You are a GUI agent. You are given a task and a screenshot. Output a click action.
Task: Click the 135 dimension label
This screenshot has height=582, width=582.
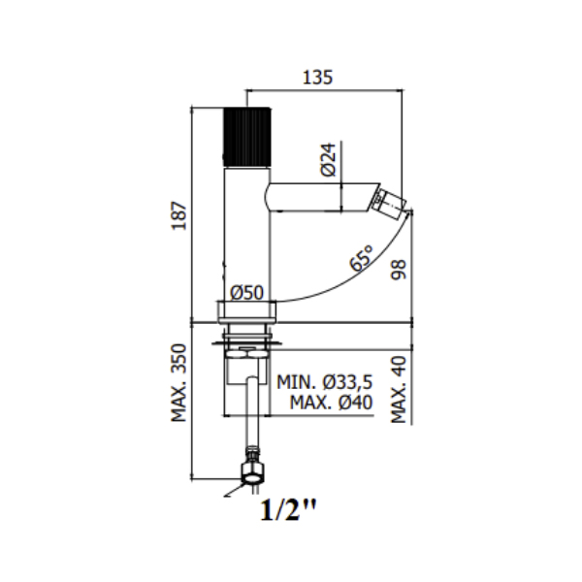click(318, 78)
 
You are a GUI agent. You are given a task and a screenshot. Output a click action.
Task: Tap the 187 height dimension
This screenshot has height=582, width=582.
click(178, 215)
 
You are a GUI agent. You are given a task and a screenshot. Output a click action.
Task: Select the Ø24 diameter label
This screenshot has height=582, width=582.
click(328, 159)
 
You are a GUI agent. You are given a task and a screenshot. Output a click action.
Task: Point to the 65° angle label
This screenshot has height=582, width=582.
click(361, 258)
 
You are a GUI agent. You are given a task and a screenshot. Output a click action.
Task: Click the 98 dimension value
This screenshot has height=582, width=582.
click(399, 270)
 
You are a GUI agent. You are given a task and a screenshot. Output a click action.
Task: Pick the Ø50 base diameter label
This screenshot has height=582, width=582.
click(246, 293)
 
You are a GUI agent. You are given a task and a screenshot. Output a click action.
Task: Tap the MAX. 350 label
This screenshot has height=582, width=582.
click(178, 383)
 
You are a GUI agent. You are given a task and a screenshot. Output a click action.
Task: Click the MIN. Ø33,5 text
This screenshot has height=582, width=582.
click(324, 382)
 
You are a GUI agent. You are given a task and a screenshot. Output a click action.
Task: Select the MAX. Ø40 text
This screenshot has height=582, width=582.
click(331, 403)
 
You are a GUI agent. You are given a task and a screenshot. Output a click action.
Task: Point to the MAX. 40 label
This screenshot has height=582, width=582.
click(399, 389)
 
